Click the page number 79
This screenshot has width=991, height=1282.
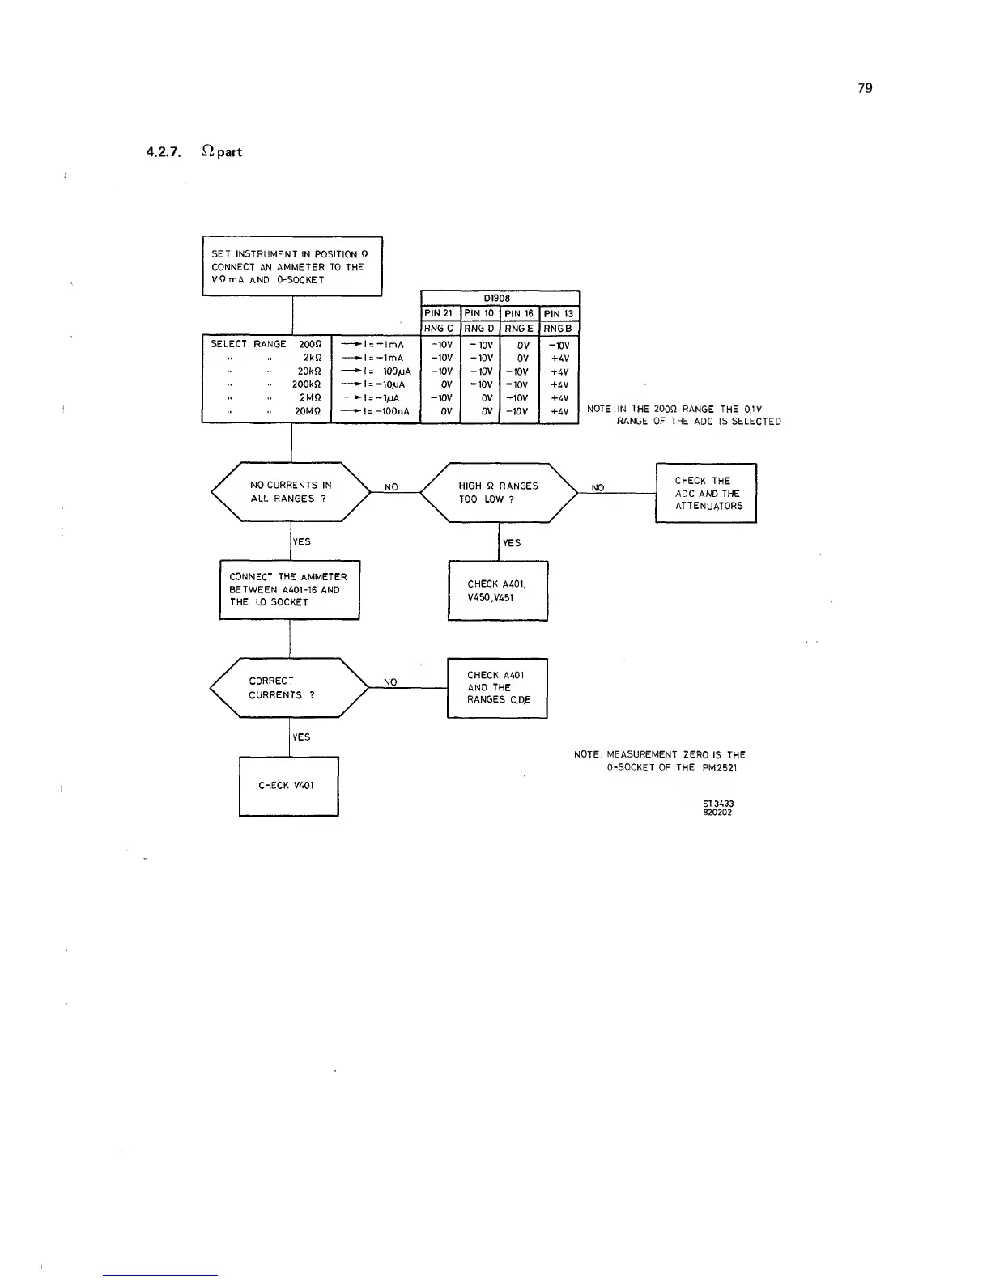pyautogui.click(x=865, y=88)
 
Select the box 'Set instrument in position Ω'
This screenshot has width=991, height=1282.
pyautogui.click(x=291, y=266)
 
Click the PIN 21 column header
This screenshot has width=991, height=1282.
pyautogui.click(x=439, y=313)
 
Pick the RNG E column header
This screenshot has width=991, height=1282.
pyautogui.click(x=518, y=328)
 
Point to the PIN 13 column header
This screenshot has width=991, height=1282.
pyautogui.click(x=558, y=313)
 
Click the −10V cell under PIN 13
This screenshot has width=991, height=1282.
pyautogui.click(x=559, y=345)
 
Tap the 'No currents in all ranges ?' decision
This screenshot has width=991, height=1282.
pyautogui.click(x=291, y=492)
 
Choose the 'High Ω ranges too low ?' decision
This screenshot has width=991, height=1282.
pyautogui.click(x=498, y=492)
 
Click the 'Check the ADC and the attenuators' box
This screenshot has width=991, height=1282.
pyautogui.click(x=706, y=493)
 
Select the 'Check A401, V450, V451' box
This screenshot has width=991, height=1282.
pyautogui.click(x=498, y=591)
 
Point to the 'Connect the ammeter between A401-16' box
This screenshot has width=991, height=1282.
pyautogui.click(x=289, y=589)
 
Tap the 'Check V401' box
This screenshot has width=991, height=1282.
pyautogui.click(x=288, y=786)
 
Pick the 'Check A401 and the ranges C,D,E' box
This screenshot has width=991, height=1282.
pyautogui.click(x=498, y=687)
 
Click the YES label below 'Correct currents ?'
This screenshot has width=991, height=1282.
pyautogui.click(x=301, y=737)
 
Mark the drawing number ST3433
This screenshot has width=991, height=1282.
pyautogui.click(x=718, y=804)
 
